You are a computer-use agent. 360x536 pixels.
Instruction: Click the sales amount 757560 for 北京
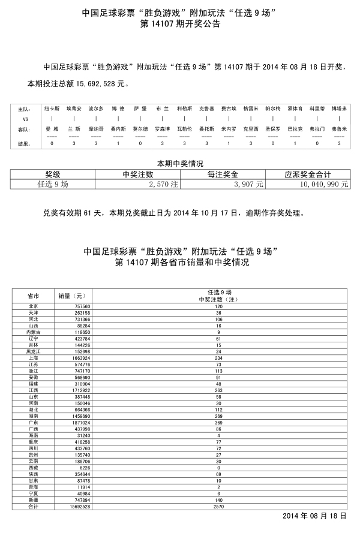(82, 306)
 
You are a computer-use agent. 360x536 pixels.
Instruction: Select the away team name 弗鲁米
(340, 129)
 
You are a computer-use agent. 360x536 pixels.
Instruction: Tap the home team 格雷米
(251, 109)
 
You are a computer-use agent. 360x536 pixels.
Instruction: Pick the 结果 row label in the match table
(23, 144)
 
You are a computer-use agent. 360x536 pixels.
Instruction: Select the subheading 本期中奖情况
(180, 163)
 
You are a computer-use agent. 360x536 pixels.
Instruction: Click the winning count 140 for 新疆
(218, 499)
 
